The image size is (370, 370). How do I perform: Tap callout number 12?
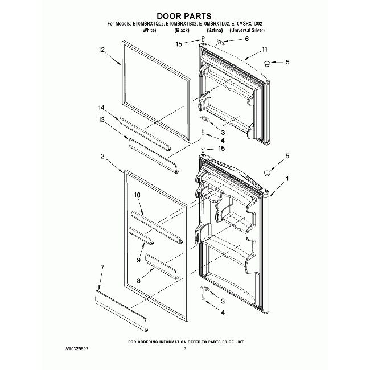point(102,50)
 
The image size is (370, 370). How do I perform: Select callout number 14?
point(102,108)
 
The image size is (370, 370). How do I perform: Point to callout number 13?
point(102,120)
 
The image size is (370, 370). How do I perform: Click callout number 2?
point(102,156)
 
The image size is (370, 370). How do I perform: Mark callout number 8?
point(138,281)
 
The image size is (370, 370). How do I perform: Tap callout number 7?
point(102,266)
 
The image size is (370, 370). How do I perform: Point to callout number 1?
point(287,179)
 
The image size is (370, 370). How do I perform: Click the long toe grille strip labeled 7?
point(122,310)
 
